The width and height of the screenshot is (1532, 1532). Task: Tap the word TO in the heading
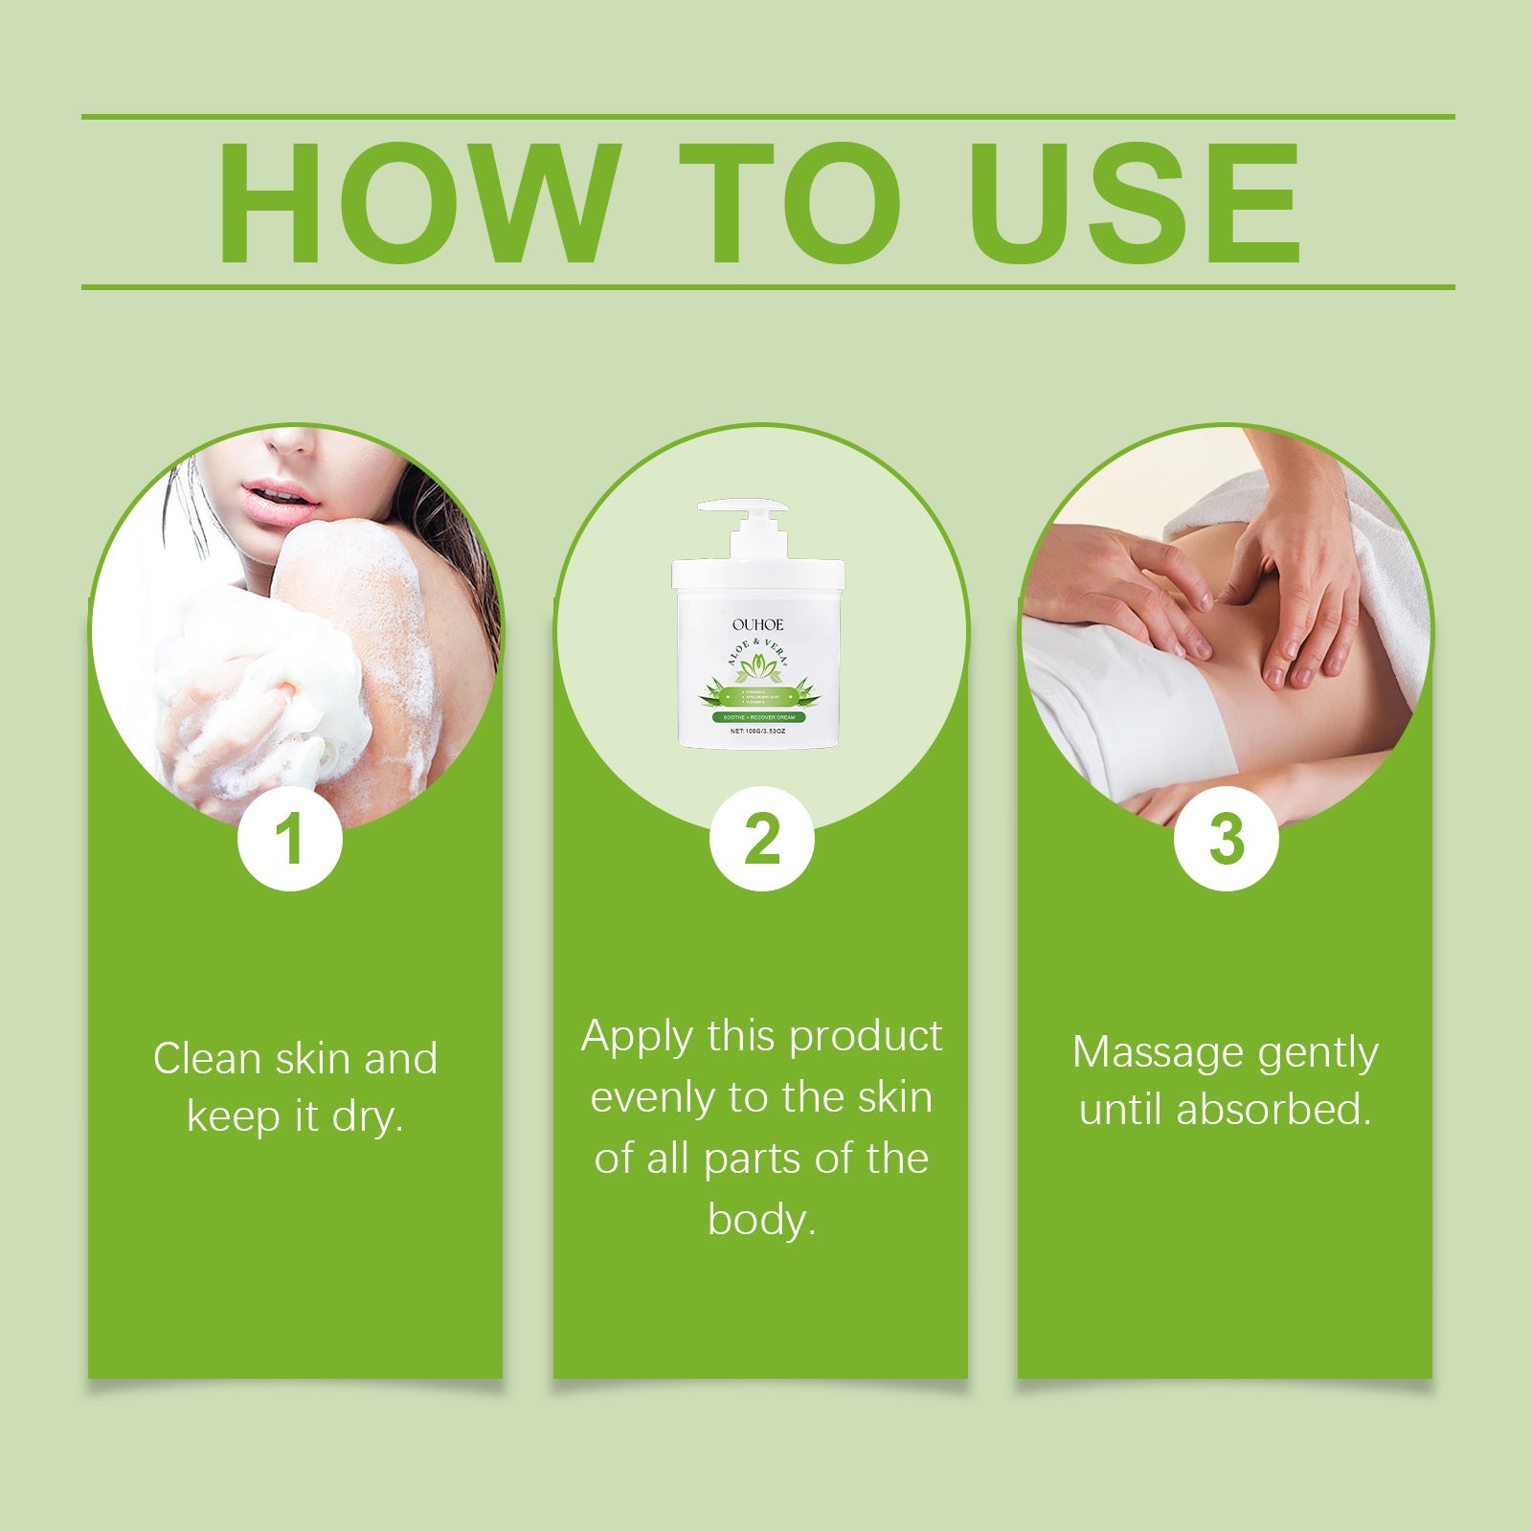pyautogui.click(x=791, y=203)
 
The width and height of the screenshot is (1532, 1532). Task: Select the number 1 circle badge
pyautogui.click(x=289, y=840)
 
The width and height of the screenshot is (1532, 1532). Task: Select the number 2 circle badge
pyautogui.click(x=761, y=840)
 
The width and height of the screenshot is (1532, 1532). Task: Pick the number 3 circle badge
pyautogui.click(x=1226, y=840)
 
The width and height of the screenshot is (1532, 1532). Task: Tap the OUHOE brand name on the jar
pyautogui.click(x=757, y=624)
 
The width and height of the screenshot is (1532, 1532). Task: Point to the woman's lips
pyautogui.click(x=278, y=497)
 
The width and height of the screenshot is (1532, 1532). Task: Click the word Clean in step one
pyautogui.click(x=206, y=1059)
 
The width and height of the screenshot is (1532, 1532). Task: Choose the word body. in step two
pyautogui.click(x=761, y=1220)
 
